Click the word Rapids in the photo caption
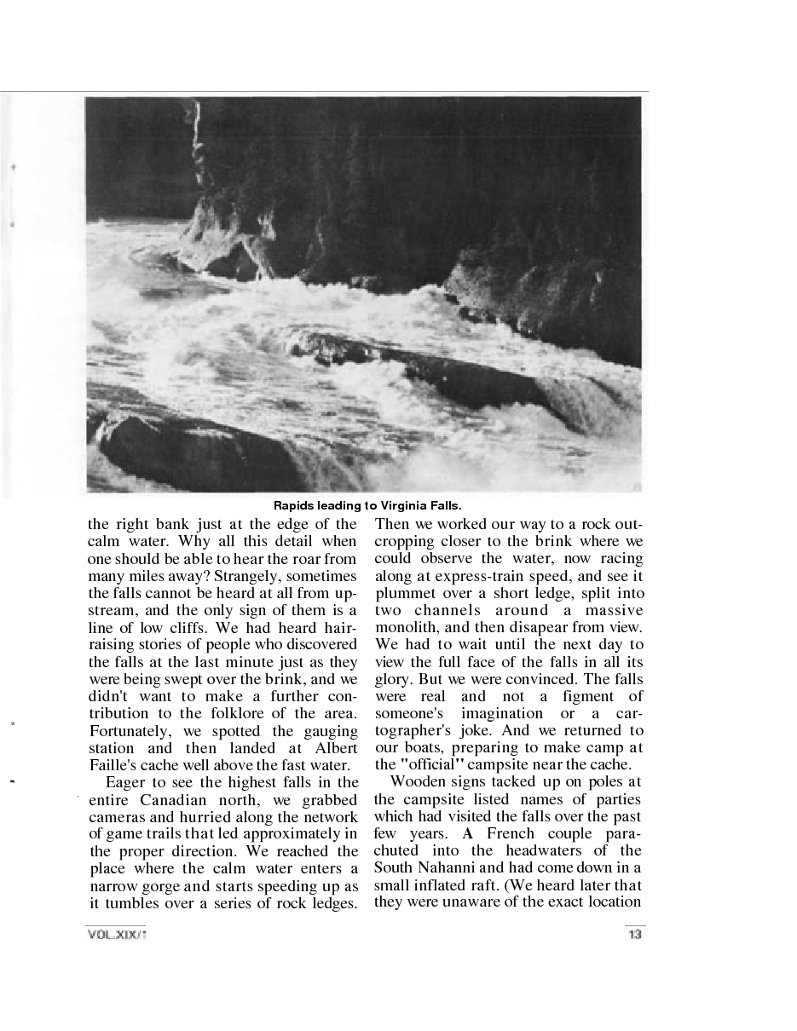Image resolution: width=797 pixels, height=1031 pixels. click(292, 505)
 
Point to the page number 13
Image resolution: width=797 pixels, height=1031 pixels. click(633, 935)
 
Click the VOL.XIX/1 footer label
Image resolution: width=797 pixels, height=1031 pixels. click(117, 935)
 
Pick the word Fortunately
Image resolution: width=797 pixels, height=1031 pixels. click(125, 730)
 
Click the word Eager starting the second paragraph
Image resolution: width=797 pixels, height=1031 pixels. click(129, 782)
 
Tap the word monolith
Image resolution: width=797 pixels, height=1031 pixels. click(407, 627)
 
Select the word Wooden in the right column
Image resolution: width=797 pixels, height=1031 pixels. click(415, 782)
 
